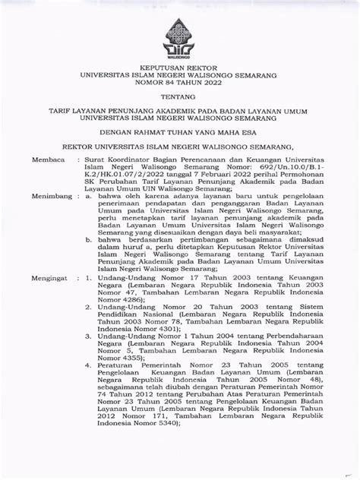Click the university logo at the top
pyautogui.click(x=179, y=37)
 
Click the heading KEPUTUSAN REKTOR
pyautogui.click(x=179, y=68)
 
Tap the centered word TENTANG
pyautogui.click(x=179, y=98)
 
